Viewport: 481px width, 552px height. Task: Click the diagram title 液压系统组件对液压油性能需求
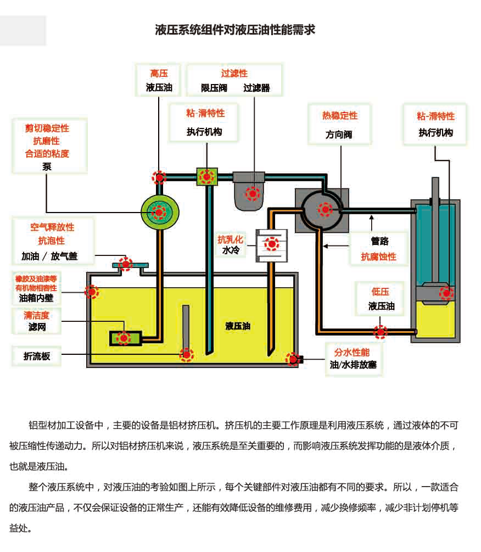point(235,30)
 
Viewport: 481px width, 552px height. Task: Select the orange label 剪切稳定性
point(47,129)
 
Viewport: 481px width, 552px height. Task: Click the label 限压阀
point(214,88)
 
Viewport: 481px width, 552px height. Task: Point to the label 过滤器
point(256,88)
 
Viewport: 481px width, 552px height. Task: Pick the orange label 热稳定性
point(339,116)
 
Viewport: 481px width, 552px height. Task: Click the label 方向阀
point(339,135)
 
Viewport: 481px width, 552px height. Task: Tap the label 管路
point(379,241)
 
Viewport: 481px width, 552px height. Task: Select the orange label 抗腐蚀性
point(378,257)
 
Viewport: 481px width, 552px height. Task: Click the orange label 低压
point(381,291)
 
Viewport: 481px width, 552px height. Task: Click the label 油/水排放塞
point(353,365)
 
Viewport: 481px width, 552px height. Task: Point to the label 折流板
point(37,356)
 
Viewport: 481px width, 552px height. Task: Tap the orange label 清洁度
point(37,316)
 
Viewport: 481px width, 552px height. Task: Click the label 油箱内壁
point(36,298)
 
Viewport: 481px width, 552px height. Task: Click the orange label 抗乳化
point(230,239)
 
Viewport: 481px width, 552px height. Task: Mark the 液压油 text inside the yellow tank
point(238,326)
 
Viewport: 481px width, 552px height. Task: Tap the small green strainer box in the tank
point(125,338)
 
